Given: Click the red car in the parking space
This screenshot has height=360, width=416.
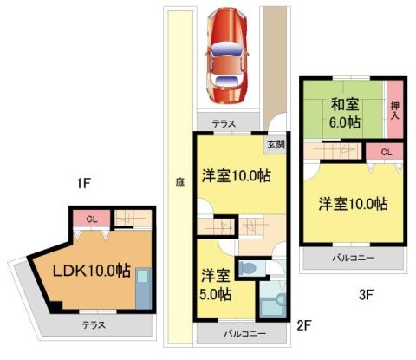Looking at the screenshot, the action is coord(226,56).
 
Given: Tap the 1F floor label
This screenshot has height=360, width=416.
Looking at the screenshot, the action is coord(84,183).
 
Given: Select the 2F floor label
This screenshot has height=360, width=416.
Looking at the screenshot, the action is coord(304,326).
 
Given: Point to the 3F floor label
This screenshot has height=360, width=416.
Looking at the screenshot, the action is coord(367,295).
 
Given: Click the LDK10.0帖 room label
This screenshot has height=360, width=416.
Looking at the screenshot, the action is coord(92,271).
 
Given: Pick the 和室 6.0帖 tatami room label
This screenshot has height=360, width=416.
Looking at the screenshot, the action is coord(346,113).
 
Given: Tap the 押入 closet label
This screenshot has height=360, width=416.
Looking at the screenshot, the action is coord(395,111).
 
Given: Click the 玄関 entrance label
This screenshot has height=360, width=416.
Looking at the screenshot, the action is coord(276,145).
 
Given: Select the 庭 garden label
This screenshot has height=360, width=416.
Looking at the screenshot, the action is coord(179,182).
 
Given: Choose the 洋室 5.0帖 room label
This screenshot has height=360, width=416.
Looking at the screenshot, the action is coord(216,285).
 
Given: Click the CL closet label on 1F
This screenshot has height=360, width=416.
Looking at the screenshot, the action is coord(92,219).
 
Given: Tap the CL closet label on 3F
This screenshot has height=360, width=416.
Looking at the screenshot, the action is coord(387,152).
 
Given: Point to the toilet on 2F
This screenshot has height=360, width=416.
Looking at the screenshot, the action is coord(248,268).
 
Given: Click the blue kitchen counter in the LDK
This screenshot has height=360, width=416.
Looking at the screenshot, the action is coord(144,289).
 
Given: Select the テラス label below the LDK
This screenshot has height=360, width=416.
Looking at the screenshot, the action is coord(94,325).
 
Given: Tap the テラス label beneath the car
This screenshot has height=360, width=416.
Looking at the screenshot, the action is coord(224,124).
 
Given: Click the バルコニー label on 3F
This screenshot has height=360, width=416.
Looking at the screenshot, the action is coord(353,258).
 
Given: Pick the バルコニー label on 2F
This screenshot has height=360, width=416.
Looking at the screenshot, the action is coord(245,334).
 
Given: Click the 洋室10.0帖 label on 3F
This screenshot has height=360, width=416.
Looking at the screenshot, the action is coord(354,204).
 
